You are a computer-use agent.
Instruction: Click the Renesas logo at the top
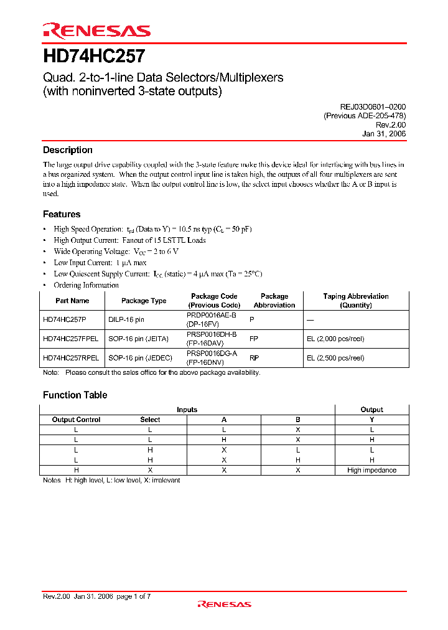pos(96,31)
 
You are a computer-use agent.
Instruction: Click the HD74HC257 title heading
pos(94,57)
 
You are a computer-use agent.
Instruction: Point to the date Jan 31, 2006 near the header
pos(384,133)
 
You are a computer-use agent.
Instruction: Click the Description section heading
pos(67,150)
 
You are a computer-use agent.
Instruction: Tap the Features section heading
pos(62,214)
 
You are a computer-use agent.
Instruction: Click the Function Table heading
pos(75,395)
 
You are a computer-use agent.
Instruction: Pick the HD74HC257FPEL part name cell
pos(70,339)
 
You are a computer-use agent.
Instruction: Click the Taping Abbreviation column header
pos(356,301)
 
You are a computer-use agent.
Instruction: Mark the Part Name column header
pos(72,301)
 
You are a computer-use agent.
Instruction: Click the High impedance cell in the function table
pos(371,471)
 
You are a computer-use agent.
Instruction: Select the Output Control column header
pos(76,420)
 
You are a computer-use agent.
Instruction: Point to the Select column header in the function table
pos(150,420)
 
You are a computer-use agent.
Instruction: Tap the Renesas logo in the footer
pos(224,604)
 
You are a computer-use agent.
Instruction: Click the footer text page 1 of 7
pos(133,596)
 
